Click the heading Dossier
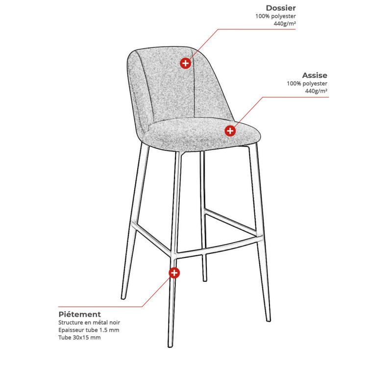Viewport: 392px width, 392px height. pos(281,8)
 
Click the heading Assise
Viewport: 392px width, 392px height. pos(315,75)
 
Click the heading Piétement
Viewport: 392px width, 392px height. pos(79,314)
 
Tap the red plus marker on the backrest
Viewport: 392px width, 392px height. pos(186,63)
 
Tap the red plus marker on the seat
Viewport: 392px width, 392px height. pos(230,131)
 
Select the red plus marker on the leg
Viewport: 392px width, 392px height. pos(174,273)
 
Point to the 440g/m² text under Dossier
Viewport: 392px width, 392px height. pos(285,24)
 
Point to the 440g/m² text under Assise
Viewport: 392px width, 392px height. pos(316,91)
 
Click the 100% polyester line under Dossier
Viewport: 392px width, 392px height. pos(275,16)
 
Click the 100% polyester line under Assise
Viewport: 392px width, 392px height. pos(307,83)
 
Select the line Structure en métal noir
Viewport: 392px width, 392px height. pos(89,322)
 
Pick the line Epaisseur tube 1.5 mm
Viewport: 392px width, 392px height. pos(89,330)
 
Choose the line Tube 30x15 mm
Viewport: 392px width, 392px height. pos(79,338)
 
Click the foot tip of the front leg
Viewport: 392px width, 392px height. pos(170,346)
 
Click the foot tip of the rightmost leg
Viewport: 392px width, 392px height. pos(268,320)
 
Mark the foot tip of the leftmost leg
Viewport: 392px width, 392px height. pos(123,298)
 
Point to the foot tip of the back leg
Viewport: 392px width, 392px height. pos(205,280)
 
